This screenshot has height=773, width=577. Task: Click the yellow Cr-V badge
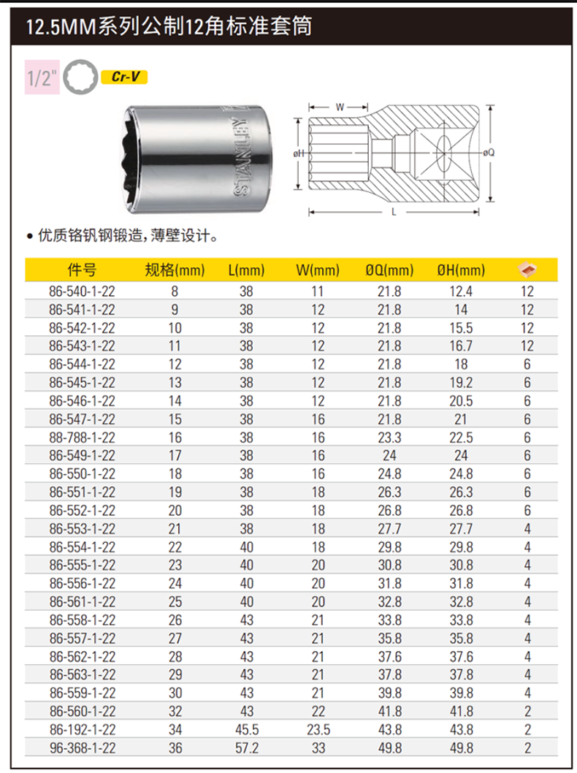tap(124, 77)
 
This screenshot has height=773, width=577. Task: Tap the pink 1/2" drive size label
tap(42, 77)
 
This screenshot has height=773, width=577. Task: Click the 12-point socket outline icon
tap(80, 77)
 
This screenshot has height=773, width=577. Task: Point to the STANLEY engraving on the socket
tap(242, 157)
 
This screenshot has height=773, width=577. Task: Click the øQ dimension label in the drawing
tap(489, 153)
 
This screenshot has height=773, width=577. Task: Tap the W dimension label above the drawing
tap(340, 107)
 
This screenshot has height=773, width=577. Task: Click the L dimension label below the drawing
tap(394, 212)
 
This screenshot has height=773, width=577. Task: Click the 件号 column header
tap(83, 270)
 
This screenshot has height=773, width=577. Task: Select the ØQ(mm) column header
tap(389, 270)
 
